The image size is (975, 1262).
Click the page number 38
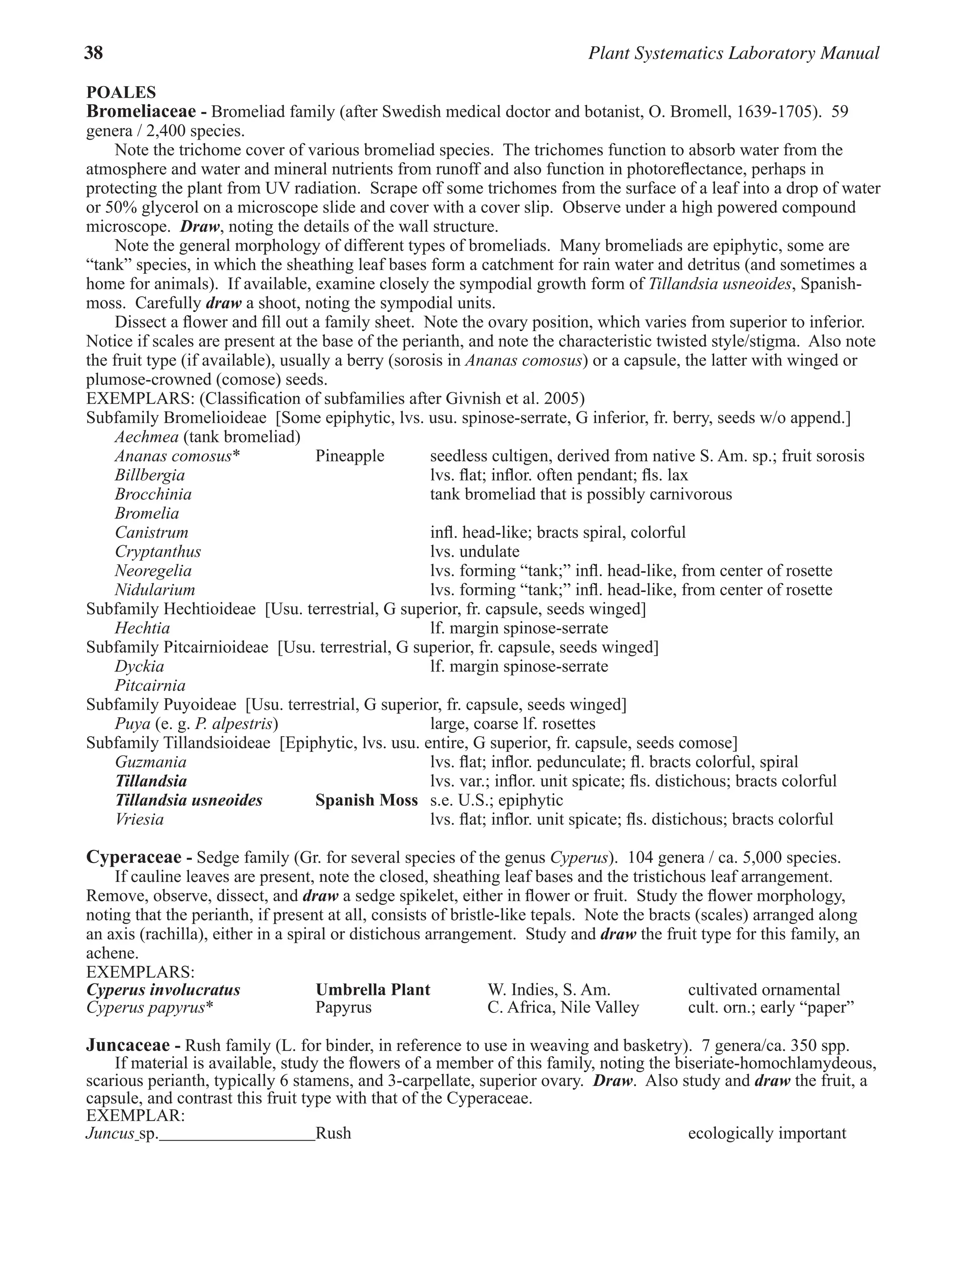pyautogui.click(x=94, y=53)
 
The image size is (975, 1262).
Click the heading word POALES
pyautogui.click(x=121, y=92)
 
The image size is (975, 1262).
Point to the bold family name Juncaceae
pyautogui.click(x=128, y=1045)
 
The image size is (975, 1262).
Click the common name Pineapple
pyautogui.click(x=349, y=456)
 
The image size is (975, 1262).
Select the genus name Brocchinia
pyautogui.click(x=153, y=494)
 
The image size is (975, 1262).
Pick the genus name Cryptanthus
pyautogui.click(x=158, y=551)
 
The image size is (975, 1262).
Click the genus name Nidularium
pyautogui.click(x=155, y=590)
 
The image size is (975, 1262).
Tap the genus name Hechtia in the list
pyautogui.click(x=142, y=628)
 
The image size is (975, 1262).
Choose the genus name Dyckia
pyautogui.click(x=139, y=666)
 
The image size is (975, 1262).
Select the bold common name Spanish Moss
pyautogui.click(x=366, y=801)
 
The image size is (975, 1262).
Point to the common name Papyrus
pyautogui.click(x=343, y=1008)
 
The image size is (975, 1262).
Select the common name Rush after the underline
pyautogui.click(x=333, y=1132)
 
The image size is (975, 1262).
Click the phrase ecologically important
pyautogui.click(x=766, y=1132)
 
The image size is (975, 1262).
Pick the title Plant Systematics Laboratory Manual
pyautogui.click(x=734, y=53)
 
